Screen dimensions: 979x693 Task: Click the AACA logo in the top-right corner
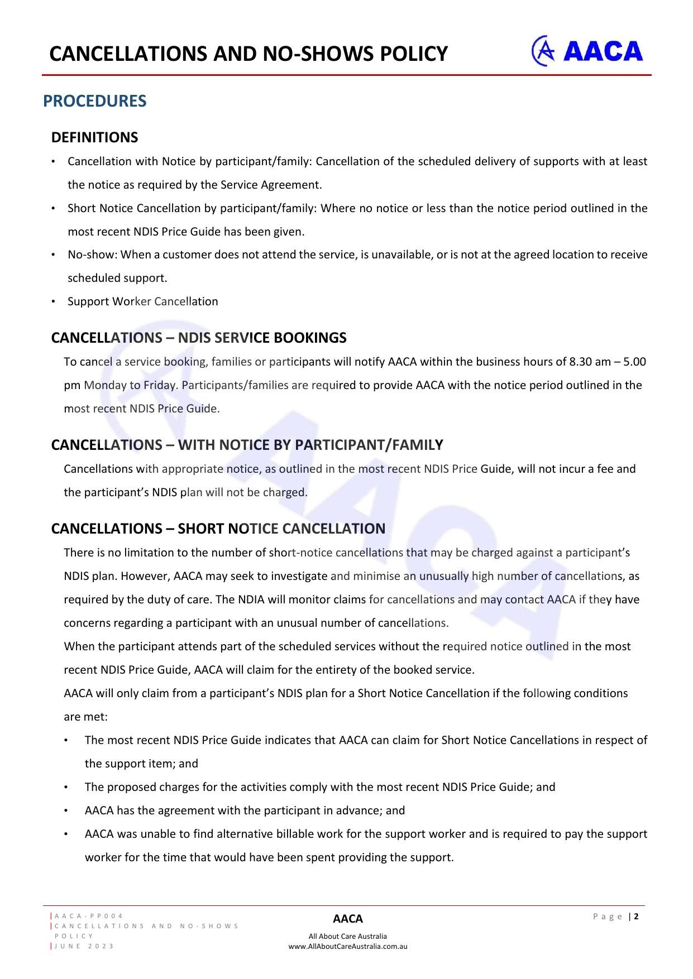587,51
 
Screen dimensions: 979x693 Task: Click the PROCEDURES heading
95,101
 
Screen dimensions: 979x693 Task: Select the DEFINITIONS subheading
94,137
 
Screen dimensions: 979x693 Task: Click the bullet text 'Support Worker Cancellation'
142,301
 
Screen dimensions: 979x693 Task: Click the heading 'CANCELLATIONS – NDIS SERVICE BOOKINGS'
199,338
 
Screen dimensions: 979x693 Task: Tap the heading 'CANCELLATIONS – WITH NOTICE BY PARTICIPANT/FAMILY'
247,445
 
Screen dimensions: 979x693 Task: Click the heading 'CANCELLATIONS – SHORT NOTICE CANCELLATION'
218,529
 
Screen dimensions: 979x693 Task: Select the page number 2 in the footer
636,916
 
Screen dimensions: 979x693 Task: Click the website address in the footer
347,947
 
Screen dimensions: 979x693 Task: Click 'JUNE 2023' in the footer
84,946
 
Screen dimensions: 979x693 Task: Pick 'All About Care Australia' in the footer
347,937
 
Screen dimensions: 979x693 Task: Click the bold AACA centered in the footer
347,919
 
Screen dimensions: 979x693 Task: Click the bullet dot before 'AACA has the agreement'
66,810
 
